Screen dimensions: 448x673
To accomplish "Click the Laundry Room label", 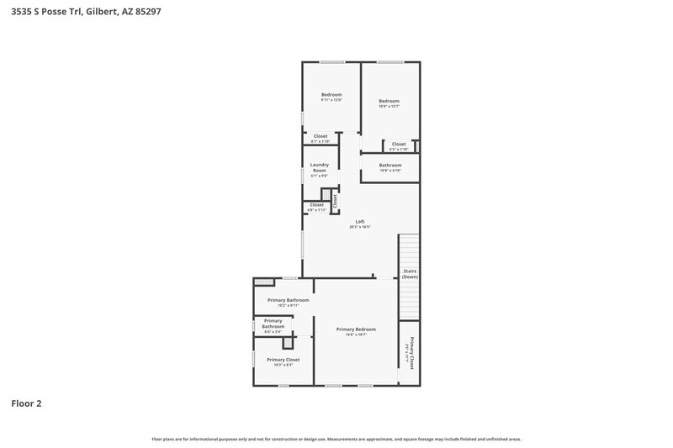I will (x=320, y=168).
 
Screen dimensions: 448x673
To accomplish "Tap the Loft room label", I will (x=360, y=224).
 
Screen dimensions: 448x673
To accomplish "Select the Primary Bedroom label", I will (x=356, y=330).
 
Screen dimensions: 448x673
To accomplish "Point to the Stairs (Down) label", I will (x=410, y=274).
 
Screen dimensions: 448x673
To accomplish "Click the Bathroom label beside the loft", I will (x=389, y=166).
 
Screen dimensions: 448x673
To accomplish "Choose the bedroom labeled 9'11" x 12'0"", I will (x=331, y=97).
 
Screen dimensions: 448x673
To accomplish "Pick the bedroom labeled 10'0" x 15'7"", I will (x=389, y=103).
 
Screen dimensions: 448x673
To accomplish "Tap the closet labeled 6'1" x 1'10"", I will (x=321, y=138).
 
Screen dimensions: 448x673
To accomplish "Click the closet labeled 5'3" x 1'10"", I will (x=399, y=145).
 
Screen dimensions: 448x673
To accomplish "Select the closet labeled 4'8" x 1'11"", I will (x=316, y=206).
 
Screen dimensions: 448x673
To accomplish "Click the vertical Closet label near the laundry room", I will (x=335, y=200).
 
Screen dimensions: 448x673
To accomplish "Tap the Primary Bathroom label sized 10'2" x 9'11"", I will (x=289, y=302).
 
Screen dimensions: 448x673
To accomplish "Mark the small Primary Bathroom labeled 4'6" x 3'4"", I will (x=273, y=324).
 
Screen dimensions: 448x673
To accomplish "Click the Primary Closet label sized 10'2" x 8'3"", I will (x=283, y=361).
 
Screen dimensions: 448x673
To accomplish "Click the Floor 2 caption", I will (x=26, y=403).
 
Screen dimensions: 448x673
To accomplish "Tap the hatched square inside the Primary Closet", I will (x=289, y=343).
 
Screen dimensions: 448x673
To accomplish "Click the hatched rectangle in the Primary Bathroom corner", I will (x=264, y=282).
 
